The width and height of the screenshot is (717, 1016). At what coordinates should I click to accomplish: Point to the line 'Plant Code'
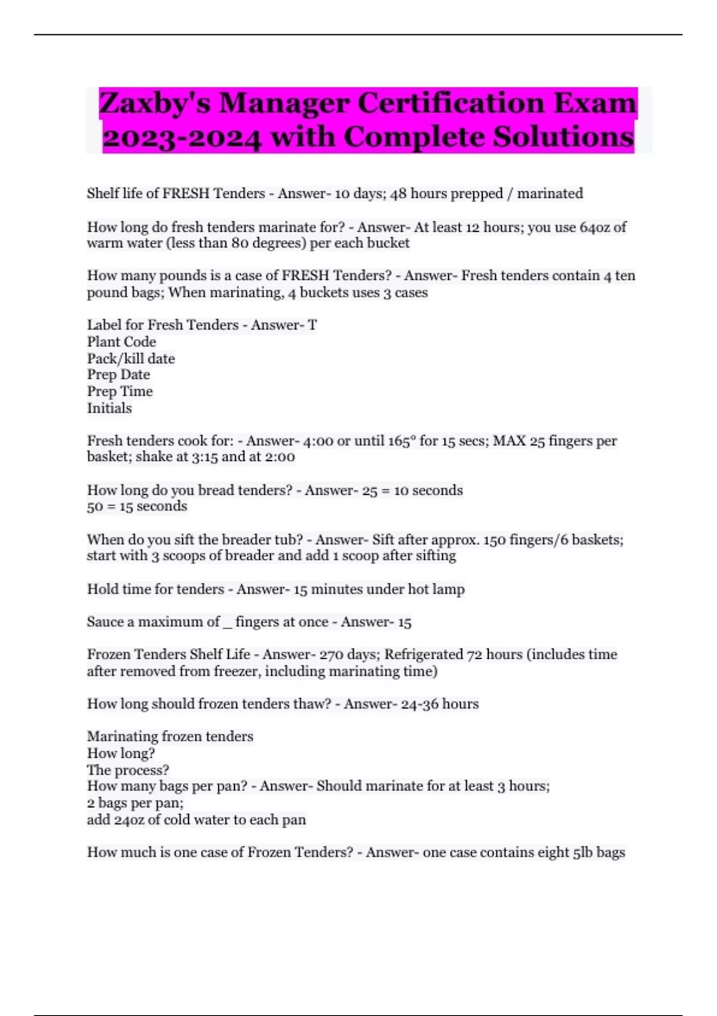[121, 342]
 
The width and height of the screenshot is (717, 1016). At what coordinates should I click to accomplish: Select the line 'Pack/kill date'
[131, 359]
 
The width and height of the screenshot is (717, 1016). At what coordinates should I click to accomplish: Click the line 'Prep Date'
[118, 375]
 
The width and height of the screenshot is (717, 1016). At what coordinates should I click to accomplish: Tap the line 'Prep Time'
[119, 391]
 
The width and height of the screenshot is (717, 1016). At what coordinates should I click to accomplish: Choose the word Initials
[109, 408]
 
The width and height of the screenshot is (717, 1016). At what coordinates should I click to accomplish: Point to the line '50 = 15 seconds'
[137, 506]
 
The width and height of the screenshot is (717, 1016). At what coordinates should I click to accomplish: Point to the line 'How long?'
[121, 753]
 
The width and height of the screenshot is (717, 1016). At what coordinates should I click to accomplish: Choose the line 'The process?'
[128, 770]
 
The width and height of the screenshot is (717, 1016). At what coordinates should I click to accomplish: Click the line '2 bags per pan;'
[135, 803]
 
